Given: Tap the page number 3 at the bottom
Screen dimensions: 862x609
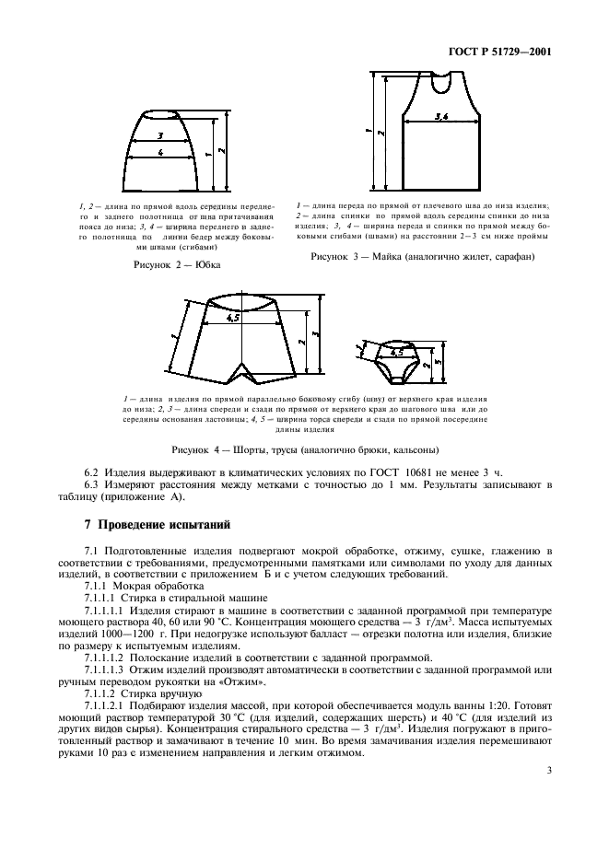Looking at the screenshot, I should tap(547, 784).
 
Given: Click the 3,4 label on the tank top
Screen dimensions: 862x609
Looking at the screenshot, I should tap(440, 118).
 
